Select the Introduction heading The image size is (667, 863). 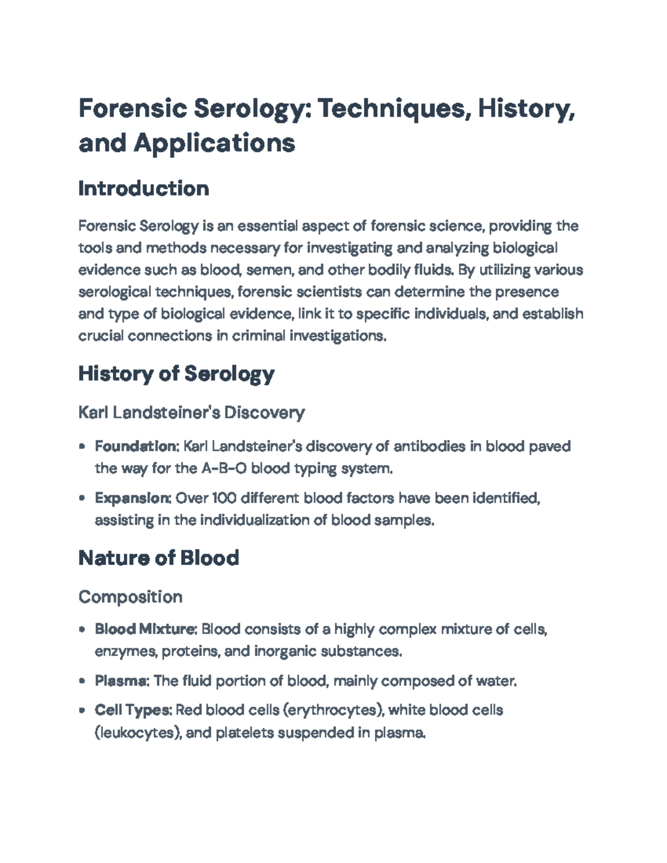point(143,188)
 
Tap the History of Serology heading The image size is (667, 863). point(176,374)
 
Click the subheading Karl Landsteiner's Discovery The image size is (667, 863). point(191,412)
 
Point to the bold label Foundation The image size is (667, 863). point(136,446)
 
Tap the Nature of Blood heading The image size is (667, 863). point(158,558)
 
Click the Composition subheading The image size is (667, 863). point(130,597)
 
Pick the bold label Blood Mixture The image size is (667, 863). point(145,629)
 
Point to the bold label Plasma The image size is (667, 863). point(121,681)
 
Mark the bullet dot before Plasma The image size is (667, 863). point(82,681)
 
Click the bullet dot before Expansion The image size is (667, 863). point(82,498)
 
